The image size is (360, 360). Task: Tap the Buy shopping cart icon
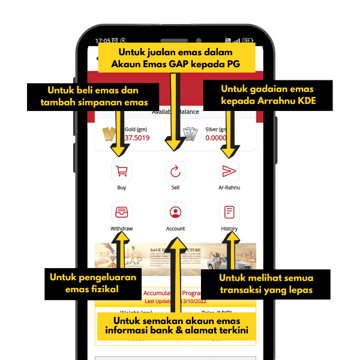tap(122, 171)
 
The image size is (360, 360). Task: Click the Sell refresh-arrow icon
tap(175, 171)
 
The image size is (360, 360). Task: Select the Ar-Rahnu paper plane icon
tap(229, 171)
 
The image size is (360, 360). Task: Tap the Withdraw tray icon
tap(122, 212)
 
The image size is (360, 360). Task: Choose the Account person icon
tap(175, 212)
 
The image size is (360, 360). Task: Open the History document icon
tap(229, 212)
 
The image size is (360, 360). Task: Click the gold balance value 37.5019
tap(137, 138)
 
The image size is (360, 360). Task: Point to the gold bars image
tap(110, 133)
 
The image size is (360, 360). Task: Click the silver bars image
tap(190, 133)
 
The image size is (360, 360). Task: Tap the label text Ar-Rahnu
tap(229, 188)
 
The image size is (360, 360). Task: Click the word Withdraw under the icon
tap(122, 229)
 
